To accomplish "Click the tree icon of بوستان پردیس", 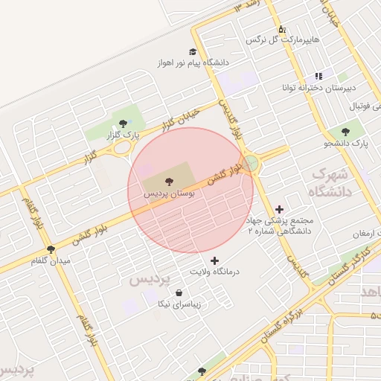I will point(167,180).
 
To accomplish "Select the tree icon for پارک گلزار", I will point(124,123).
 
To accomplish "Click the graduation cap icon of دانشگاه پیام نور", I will point(193,52).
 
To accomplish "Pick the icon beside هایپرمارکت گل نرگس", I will point(282,29).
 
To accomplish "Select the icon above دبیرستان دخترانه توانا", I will point(319,76).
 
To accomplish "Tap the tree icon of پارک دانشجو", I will point(347,131).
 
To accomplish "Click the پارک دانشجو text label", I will point(347,142).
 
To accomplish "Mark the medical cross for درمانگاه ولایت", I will point(215,260).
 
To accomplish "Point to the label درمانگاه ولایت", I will point(214,272).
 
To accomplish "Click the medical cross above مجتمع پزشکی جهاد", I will point(279,209).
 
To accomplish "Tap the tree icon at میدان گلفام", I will point(51,249).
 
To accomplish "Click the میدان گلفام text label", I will point(51,261).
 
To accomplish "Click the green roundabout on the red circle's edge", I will point(251,163).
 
